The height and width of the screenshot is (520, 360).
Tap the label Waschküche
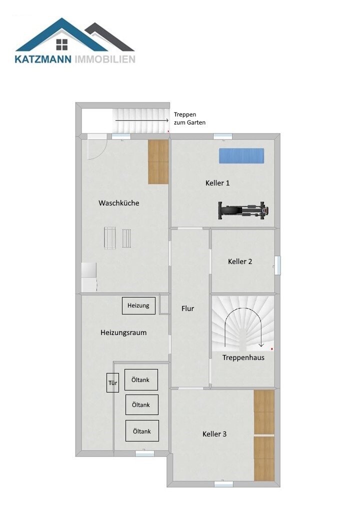pyautogui.click(x=119, y=203)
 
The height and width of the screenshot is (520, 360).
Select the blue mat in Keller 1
pyautogui.click(x=241, y=155)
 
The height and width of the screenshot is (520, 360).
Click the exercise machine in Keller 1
pyautogui.click(x=243, y=210)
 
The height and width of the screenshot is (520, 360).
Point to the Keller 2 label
pyautogui.click(x=240, y=261)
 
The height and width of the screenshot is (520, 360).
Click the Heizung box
pyautogui.click(x=138, y=305)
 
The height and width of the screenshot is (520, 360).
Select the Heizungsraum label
pyautogui.click(x=123, y=332)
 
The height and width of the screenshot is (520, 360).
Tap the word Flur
pyautogui.click(x=187, y=308)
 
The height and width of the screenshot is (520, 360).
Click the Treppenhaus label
pyautogui.click(x=243, y=357)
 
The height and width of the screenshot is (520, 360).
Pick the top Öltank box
pyautogui.click(x=141, y=379)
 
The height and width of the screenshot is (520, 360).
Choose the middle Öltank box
pyautogui.click(x=141, y=405)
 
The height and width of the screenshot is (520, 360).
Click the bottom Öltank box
pyautogui.click(x=142, y=431)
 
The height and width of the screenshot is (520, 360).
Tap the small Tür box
pyautogui.click(x=112, y=383)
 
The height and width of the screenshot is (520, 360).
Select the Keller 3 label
pyautogui.click(x=214, y=434)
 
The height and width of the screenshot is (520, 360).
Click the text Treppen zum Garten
pyautogui.click(x=189, y=118)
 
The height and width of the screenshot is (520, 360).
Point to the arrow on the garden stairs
pyautogui.click(x=141, y=120)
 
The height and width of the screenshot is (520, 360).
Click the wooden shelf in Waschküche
pyautogui.click(x=158, y=161)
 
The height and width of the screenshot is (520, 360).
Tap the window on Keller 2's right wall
pyautogui.click(x=277, y=265)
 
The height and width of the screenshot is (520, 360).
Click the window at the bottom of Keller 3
pyautogui.click(x=223, y=483)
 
